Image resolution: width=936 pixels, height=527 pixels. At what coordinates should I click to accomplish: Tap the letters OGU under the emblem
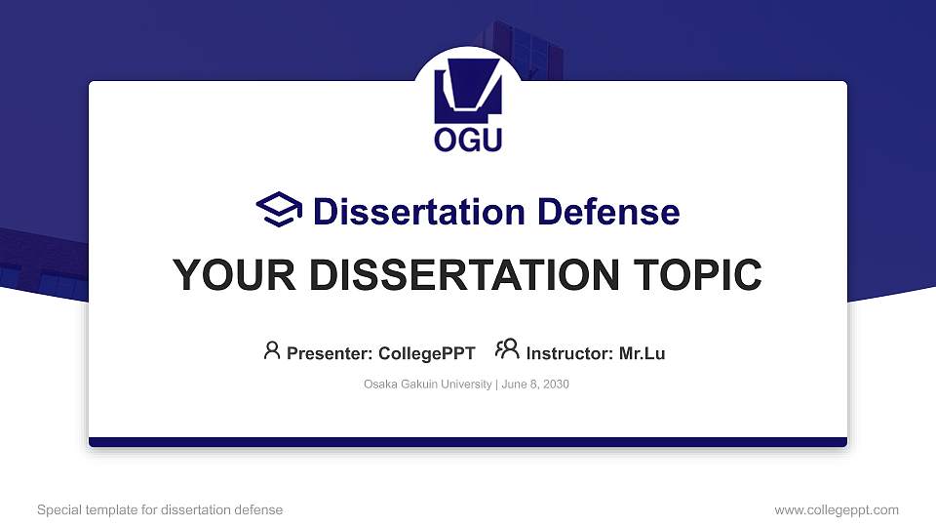point(468,140)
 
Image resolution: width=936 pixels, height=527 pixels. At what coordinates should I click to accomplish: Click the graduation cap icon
point(280,211)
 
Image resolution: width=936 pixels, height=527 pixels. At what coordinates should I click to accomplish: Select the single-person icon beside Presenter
point(272,350)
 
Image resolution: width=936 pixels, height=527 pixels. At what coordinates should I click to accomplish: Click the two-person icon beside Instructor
point(507,350)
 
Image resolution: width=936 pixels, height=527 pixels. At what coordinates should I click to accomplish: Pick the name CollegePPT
point(426,353)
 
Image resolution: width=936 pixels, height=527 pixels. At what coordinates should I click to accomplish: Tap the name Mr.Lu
point(642,353)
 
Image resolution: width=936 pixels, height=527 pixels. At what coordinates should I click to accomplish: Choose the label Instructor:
point(569,353)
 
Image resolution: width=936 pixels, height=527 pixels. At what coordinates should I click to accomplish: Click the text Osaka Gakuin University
point(428,385)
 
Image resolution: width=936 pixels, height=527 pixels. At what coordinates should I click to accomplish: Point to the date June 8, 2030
point(535,385)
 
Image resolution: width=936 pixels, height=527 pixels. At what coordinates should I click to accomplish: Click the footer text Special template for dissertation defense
point(160,509)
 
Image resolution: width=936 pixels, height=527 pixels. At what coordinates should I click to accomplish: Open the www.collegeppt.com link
point(837,509)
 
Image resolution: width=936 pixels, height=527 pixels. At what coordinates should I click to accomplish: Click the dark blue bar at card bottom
point(468,442)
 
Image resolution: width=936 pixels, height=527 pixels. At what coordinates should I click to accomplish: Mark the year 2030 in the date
point(556,385)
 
